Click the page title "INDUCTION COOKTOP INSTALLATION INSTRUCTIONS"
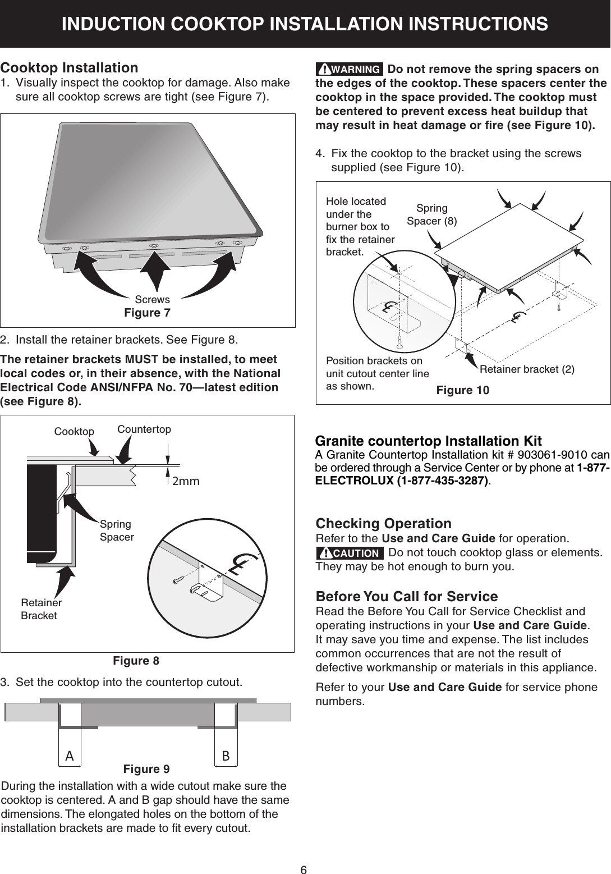tap(305, 24)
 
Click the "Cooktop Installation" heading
tap(70, 68)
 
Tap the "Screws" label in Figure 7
tap(153, 300)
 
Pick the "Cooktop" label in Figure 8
tap(74, 431)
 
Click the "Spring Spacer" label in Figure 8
tap(117, 530)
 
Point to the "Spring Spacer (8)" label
tap(431, 214)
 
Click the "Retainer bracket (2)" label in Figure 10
tap(527, 369)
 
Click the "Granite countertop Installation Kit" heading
tap(429, 440)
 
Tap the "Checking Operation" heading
tap(384, 523)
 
